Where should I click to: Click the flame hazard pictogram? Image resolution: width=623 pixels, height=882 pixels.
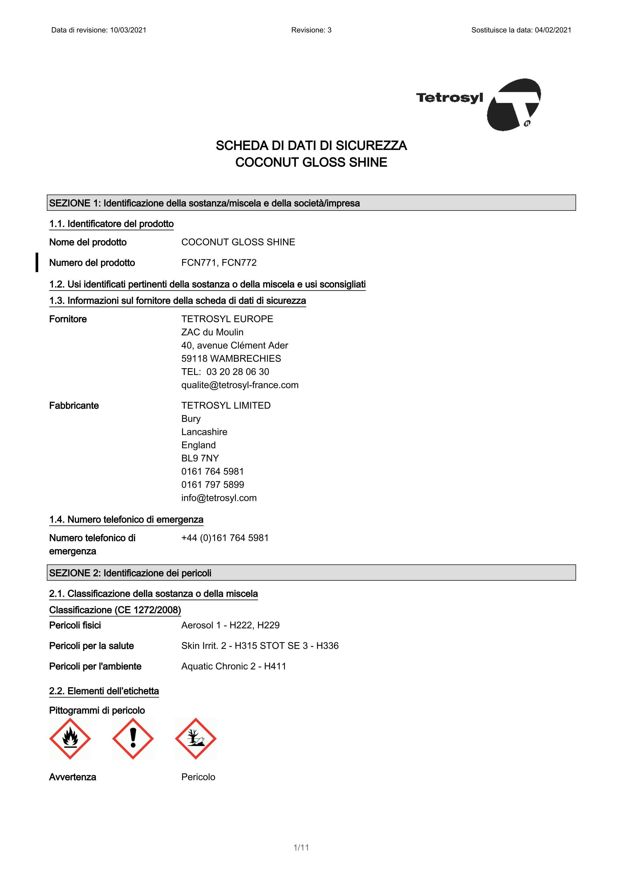[x=70, y=738]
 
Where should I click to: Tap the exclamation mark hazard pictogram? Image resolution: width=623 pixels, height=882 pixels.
[x=133, y=738]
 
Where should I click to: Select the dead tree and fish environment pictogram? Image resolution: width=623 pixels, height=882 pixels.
[x=196, y=738]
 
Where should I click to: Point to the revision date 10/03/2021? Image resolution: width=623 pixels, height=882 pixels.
[x=128, y=30]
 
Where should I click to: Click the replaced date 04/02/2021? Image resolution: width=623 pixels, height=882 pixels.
[x=553, y=30]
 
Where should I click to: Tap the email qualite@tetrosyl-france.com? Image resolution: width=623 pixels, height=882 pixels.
[x=240, y=385]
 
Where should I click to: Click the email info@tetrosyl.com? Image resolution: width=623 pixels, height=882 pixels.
[x=219, y=498]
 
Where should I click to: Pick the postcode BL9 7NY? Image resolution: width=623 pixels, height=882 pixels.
[x=200, y=458]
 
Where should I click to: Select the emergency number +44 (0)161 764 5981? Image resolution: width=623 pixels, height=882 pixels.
[x=225, y=538]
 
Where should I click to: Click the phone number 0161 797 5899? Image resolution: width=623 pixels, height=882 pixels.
[x=212, y=484]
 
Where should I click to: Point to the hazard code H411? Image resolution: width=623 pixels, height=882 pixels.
[x=275, y=666]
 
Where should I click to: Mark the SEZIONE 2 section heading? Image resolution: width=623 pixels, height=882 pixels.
[x=130, y=573]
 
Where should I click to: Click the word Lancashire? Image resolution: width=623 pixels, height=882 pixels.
[x=204, y=432]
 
